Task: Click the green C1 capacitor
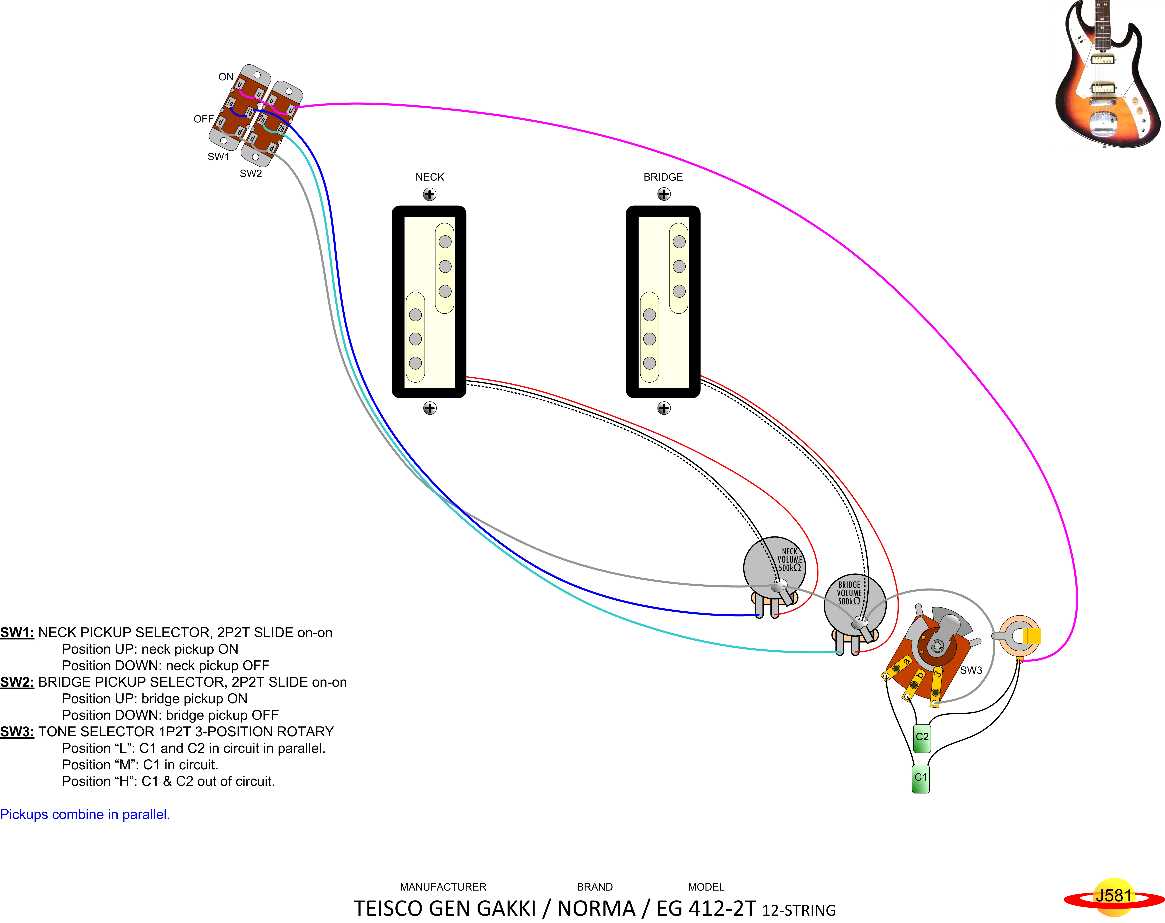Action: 920,778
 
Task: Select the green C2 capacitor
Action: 921,738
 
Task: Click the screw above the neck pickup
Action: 429,195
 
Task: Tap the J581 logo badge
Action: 1113,896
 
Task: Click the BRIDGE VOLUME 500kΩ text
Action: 849,593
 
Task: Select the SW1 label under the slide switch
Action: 218,157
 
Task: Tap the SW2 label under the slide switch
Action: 251,173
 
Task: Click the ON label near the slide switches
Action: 226,77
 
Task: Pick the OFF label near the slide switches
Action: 204,119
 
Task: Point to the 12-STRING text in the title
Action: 799,911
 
